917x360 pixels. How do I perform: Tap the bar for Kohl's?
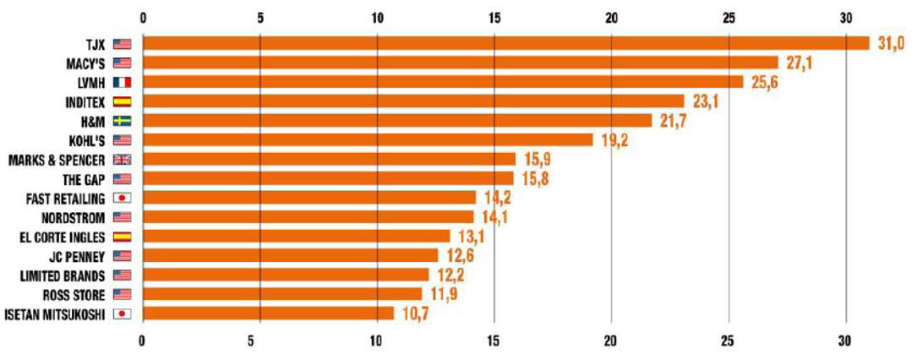tap(368, 139)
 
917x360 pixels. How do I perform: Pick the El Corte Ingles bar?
tap(296, 236)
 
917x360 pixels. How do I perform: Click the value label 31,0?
tap(891, 44)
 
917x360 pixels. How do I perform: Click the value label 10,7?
tap(415, 314)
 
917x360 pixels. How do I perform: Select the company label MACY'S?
tap(84, 63)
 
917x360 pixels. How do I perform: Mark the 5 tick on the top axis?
tap(260, 17)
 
